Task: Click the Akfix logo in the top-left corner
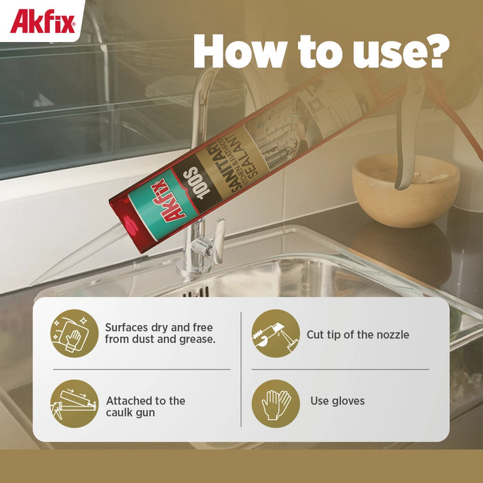pyautogui.click(x=42, y=21)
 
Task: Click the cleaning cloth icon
pyautogui.click(x=75, y=333)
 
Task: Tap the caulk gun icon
pyautogui.click(x=75, y=403)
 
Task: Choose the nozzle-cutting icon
pyautogui.click(x=275, y=333)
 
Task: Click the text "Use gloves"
pyautogui.click(x=337, y=401)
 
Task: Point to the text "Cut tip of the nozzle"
pyautogui.click(x=357, y=335)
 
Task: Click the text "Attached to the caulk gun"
pyautogui.click(x=146, y=406)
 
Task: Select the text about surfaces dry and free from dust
pyautogui.click(x=159, y=333)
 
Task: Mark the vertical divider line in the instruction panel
pyautogui.click(x=241, y=368)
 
